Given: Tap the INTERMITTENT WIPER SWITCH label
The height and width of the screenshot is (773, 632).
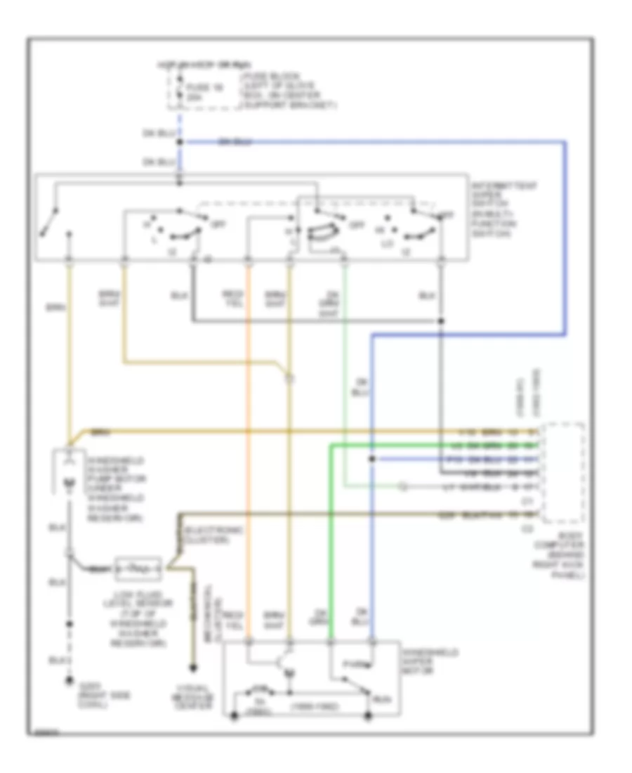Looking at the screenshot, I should [x=504, y=209].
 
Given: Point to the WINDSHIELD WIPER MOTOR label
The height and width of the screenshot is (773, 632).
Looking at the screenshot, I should [x=430, y=661].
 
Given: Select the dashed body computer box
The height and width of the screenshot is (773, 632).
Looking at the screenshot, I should [x=562, y=472].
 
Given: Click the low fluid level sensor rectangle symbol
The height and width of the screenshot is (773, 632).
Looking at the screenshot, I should [x=138, y=568].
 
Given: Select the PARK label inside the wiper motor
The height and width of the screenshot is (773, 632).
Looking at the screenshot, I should [x=352, y=663].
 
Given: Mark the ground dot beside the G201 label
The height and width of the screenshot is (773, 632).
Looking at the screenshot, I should [x=69, y=680].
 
